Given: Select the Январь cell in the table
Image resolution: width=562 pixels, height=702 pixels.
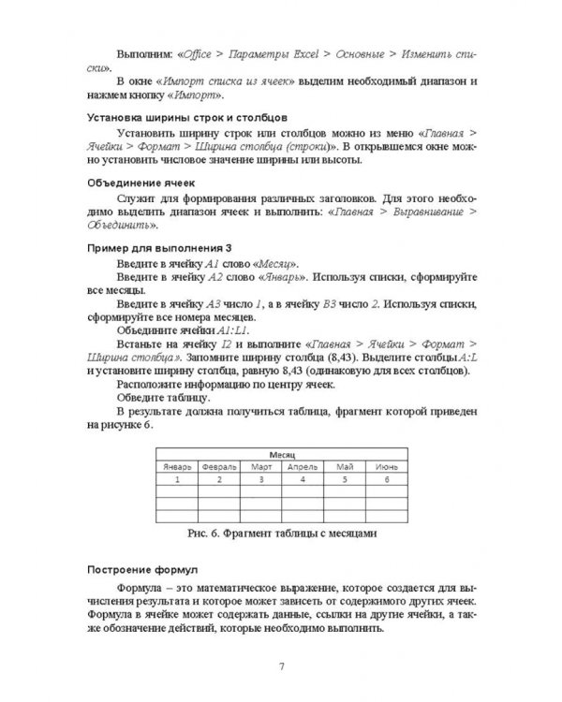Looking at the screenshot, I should (177, 465).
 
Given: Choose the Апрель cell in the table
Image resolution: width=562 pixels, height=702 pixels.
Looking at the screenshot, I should (304, 465).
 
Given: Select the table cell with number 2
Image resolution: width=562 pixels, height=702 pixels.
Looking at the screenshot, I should (219, 479).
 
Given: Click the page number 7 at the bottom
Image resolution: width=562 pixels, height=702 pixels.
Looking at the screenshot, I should (282, 666).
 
